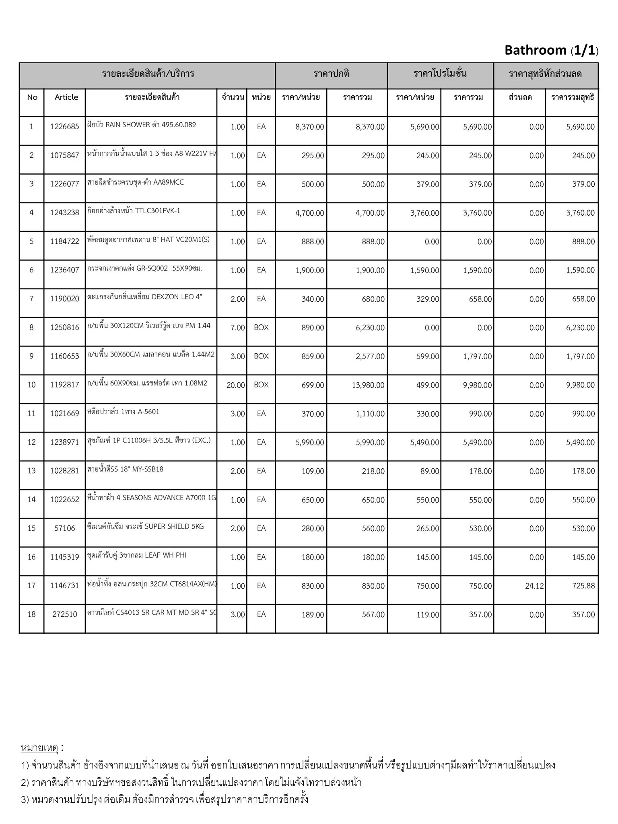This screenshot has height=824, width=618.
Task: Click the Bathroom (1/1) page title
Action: pos(551,50)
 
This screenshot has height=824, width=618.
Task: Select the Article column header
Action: pos(66,97)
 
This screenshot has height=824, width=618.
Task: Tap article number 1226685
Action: pos(65,127)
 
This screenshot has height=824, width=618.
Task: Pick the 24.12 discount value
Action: pos(534,586)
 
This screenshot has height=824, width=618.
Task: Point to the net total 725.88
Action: pos(583,586)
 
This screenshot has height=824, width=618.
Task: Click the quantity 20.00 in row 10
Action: pos(235,385)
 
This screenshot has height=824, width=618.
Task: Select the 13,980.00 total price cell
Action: pos(368,385)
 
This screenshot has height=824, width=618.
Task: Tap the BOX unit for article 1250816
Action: pos(261,328)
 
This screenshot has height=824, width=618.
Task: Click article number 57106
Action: pos(65,528)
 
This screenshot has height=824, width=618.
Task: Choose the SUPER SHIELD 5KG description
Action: pos(146,526)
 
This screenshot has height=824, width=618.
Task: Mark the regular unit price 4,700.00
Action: pos(309,213)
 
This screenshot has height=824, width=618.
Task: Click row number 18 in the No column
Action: pos(31,614)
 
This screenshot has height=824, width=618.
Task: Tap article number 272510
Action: pos(65,614)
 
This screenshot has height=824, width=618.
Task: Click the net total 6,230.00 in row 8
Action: pos(580,328)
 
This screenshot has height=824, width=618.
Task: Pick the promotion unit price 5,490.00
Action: pos(424,443)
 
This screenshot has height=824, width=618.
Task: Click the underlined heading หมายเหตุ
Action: pos(39,748)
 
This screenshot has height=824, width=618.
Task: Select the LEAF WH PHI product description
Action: pos(137,555)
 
